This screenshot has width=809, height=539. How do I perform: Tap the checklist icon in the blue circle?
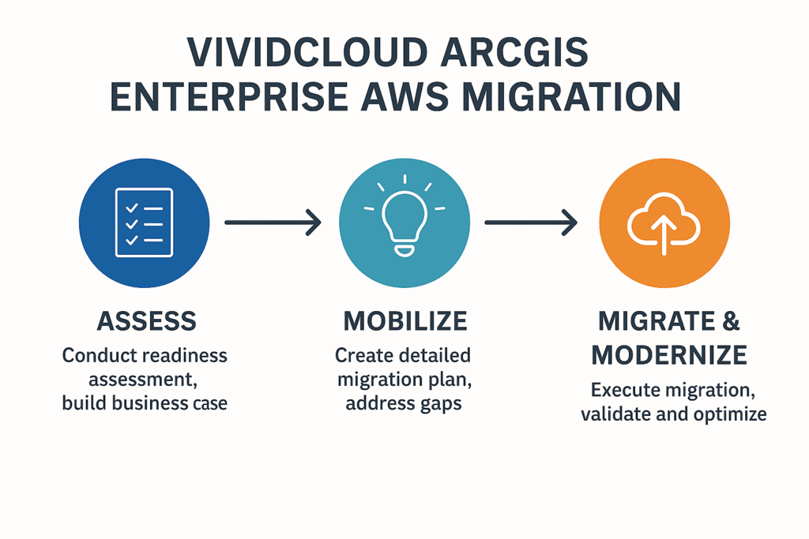144,222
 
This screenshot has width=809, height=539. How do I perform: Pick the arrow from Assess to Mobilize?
273,223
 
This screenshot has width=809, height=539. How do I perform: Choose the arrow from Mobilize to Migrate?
532,223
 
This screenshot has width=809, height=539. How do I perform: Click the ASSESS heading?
146,321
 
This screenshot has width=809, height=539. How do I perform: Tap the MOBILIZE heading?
404,321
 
